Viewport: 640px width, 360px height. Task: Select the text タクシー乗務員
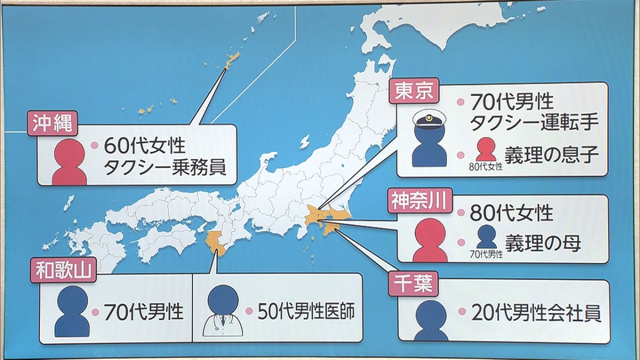(x=164, y=168)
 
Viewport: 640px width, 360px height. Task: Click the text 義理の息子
(x=551, y=156)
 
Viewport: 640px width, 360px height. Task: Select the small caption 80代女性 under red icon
(x=486, y=167)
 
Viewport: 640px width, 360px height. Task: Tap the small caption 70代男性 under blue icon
(x=486, y=255)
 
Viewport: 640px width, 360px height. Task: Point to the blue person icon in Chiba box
(x=430, y=321)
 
